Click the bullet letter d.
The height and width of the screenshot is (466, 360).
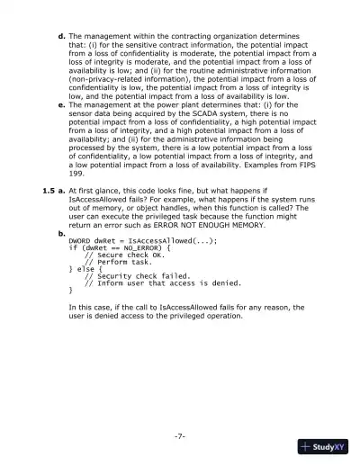pos(60,35)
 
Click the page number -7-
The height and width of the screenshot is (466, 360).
pos(180,436)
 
